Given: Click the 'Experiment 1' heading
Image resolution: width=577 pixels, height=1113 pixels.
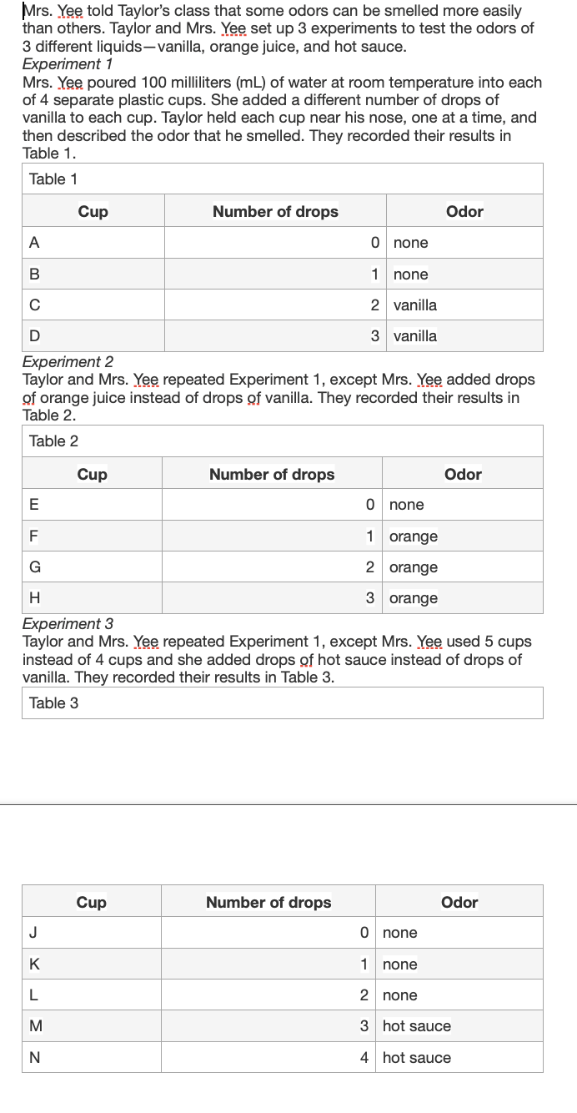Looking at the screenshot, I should pos(68,64).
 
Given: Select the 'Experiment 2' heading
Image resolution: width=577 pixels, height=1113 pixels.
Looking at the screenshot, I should pos(68,362).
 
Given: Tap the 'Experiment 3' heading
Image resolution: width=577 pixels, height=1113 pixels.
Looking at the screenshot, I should pos(68,624).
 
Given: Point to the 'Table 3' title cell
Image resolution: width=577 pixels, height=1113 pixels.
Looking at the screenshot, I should pos(53,703).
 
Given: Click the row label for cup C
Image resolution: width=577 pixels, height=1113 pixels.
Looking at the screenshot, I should pos(34,305).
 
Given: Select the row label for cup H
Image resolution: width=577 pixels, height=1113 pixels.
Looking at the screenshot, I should pos(34,598).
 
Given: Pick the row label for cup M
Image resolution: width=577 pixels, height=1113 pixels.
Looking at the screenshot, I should pos(36,1026).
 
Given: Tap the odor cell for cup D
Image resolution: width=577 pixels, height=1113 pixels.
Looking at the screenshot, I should pos(415,336).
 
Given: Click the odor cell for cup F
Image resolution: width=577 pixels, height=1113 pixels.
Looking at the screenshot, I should pos(414,536).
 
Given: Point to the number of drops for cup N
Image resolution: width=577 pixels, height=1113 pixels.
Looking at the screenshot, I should pos(364,1058).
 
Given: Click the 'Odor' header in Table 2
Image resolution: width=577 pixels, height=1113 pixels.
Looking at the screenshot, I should pos(463,475).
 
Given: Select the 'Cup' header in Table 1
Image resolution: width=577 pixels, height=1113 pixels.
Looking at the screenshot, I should pos(93,212).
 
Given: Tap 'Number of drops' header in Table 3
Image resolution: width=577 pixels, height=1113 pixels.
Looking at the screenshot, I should pos(268,903).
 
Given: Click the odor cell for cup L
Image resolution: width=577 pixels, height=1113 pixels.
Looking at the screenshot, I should pos(400,995).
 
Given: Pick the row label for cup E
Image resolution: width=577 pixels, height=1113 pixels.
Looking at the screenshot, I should pos(33,505).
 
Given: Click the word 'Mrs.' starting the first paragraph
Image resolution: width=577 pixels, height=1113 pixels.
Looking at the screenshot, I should pos(38,11).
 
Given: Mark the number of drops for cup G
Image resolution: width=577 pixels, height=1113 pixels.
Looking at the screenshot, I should pos(369,567).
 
